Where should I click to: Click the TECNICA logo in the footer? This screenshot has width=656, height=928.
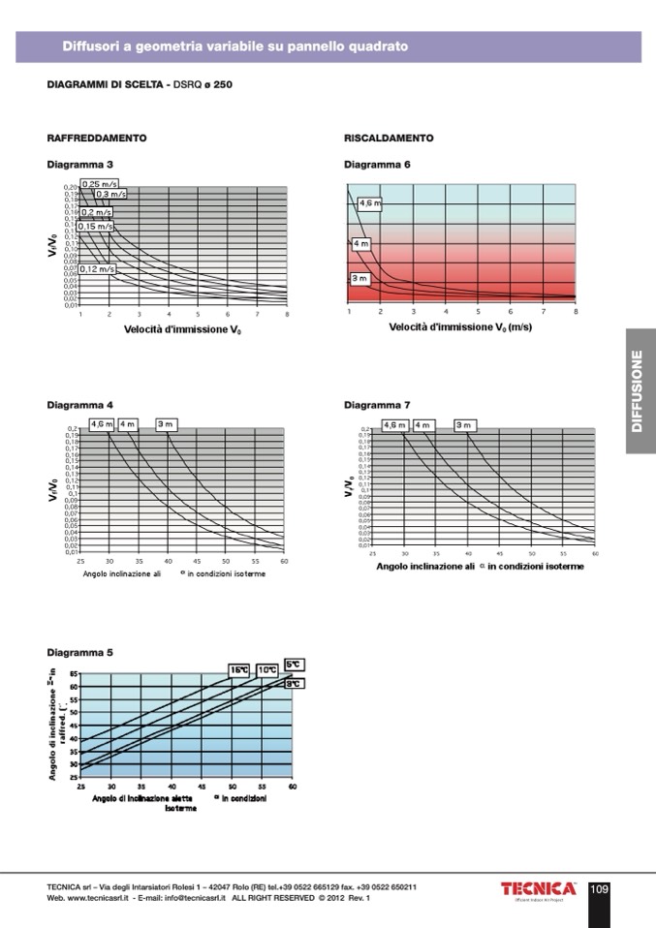(538, 889)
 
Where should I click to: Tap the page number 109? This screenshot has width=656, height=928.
(599, 889)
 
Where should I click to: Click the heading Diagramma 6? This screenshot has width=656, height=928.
(378, 165)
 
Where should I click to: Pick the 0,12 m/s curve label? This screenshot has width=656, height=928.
(97, 268)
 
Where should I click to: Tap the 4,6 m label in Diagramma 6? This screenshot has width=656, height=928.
(370, 203)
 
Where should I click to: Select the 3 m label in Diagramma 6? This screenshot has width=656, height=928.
(359, 278)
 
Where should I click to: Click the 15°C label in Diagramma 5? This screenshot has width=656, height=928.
(239, 669)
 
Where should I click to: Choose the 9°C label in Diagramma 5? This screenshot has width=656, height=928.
(295, 684)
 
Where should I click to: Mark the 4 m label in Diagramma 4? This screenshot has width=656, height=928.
(127, 424)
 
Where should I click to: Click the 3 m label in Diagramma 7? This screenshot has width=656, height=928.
(464, 424)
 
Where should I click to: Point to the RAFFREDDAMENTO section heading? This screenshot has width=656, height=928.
(97, 139)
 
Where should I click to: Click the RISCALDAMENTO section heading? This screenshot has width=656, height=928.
(389, 139)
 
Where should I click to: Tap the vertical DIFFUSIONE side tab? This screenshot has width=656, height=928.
(639, 391)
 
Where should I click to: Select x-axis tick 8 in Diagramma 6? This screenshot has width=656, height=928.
(576, 312)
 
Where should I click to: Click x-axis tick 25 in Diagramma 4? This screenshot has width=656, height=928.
(79, 561)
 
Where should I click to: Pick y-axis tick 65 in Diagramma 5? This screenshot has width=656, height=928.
(73, 672)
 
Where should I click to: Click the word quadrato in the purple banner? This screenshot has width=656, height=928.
(378, 46)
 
